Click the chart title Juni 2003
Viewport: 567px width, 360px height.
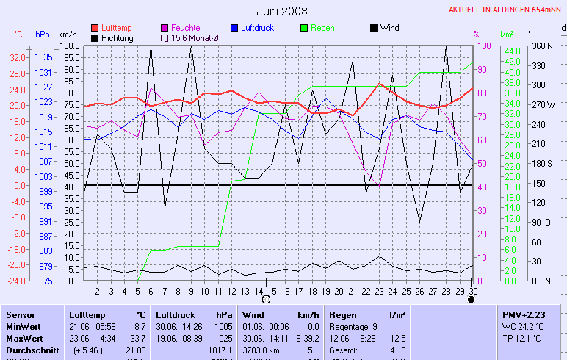[282, 11]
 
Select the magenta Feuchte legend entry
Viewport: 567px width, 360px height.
[185, 28]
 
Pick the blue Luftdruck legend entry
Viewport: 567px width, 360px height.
[258, 28]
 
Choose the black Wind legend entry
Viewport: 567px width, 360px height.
[389, 28]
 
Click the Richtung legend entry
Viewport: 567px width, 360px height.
[117, 37]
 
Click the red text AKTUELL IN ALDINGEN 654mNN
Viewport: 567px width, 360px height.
[507, 10]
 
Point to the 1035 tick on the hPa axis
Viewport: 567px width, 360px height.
[43, 57]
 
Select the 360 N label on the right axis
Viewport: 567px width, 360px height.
[542, 46]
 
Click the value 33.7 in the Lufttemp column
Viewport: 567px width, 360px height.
[137, 338]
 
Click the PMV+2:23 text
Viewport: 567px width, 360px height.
[524, 314]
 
